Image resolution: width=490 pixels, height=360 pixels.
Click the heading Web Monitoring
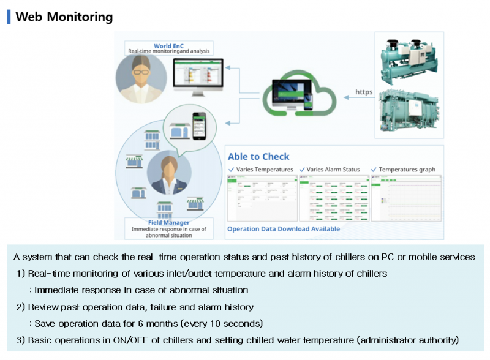tap(64, 17)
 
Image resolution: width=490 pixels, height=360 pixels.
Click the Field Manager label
tap(168, 222)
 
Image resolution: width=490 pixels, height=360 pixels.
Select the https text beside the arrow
tap(364, 93)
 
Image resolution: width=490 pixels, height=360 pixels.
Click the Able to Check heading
tap(258, 157)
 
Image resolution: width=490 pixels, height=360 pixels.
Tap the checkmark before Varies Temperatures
tap(231, 170)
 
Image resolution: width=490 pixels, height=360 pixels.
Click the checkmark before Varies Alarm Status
tap(302, 170)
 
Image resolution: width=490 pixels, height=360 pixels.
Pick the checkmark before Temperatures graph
tap(374, 170)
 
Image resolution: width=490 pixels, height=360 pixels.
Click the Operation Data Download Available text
tap(284, 229)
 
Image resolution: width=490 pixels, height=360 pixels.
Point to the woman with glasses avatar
tap(141, 78)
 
